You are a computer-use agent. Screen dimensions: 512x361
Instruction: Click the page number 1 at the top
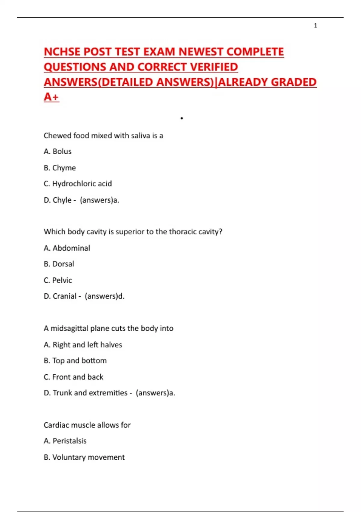(315, 26)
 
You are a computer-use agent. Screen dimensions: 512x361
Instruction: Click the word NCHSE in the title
(62, 52)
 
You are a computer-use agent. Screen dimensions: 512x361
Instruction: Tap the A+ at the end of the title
(51, 97)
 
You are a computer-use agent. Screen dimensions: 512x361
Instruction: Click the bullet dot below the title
(182, 118)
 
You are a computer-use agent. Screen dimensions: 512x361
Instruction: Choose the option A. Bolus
(57, 151)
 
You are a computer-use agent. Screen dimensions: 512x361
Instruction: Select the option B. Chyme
(60, 168)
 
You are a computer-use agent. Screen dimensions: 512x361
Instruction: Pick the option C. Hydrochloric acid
(78, 184)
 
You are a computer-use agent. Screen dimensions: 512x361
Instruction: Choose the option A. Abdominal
(67, 248)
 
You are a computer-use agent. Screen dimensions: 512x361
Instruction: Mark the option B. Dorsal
(59, 264)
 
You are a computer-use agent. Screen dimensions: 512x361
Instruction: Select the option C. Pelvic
(58, 280)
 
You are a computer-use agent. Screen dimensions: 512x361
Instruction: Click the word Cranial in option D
(64, 296)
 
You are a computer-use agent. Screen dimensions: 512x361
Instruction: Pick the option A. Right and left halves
(83, 345)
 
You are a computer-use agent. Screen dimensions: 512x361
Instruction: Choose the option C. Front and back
(73, 377)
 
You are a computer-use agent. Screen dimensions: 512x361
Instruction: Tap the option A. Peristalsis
(65, 441)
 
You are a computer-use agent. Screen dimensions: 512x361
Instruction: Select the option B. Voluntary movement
(84, 457)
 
